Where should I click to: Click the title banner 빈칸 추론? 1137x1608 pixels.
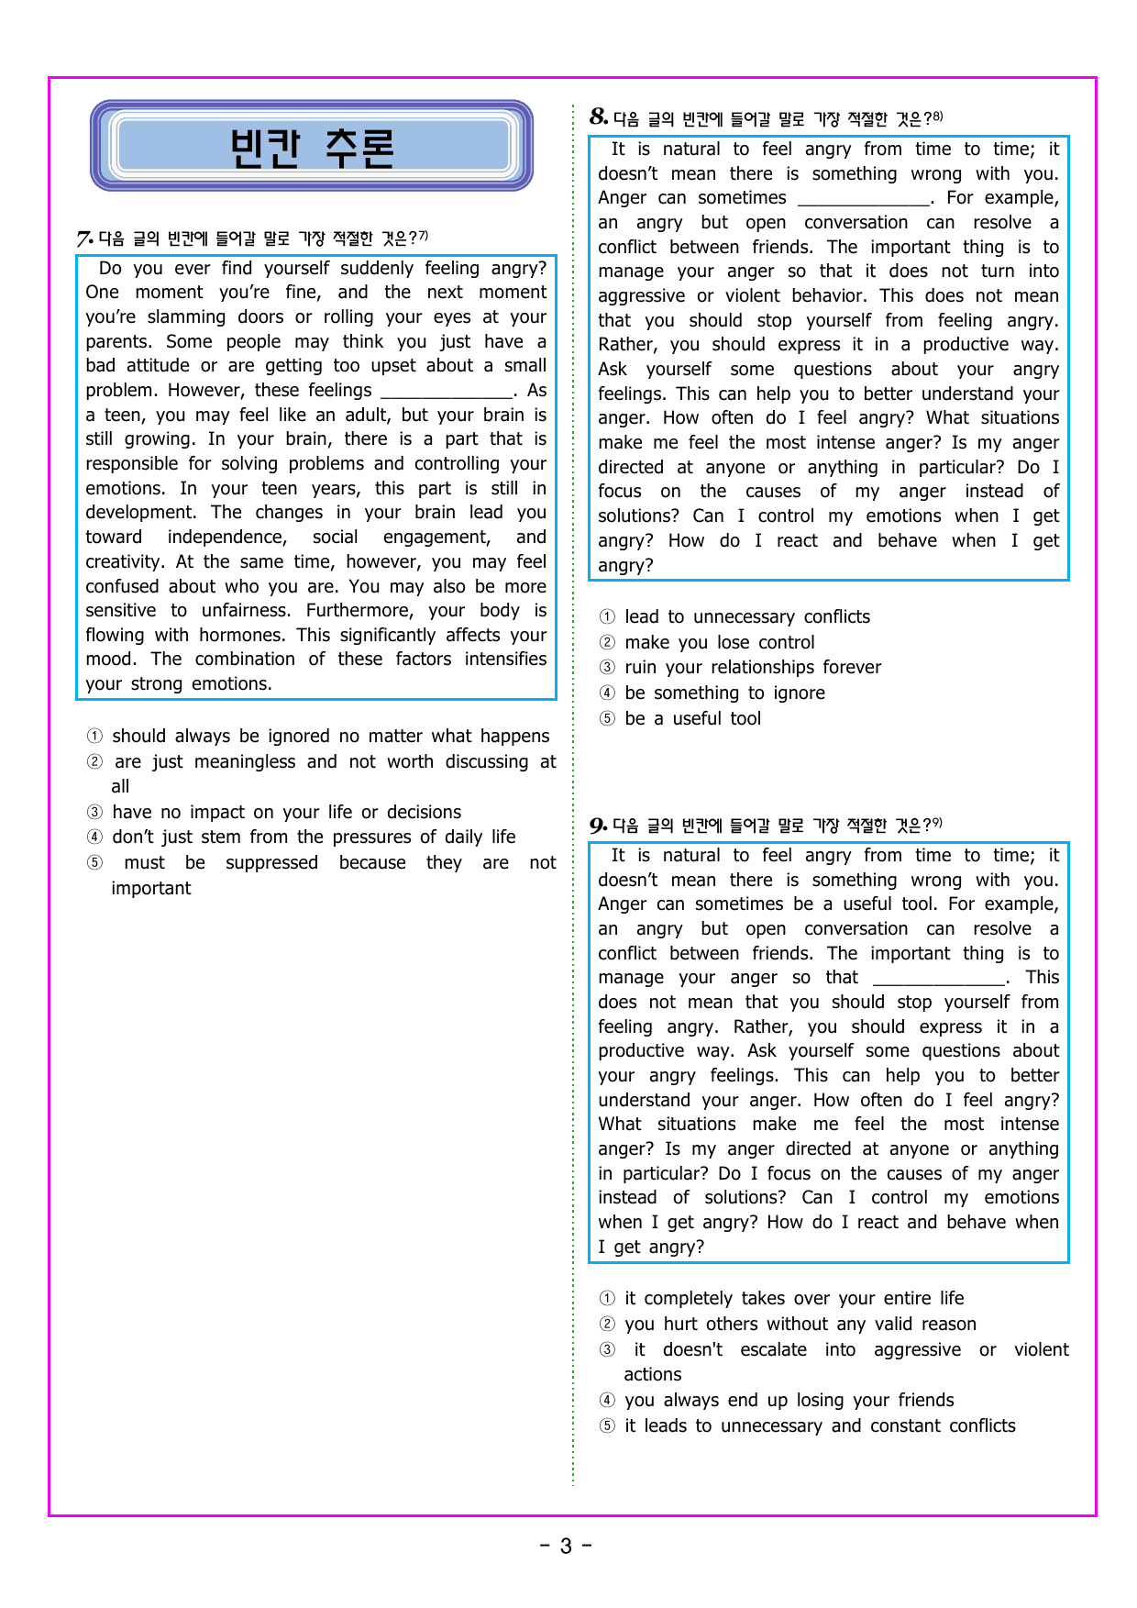click(x=312, y=146)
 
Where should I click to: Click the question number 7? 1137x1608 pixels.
click(x=84, y=239)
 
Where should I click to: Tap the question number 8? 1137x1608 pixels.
click(x=598, y=117)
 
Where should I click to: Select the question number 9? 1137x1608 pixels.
click(x=598, y=825)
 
